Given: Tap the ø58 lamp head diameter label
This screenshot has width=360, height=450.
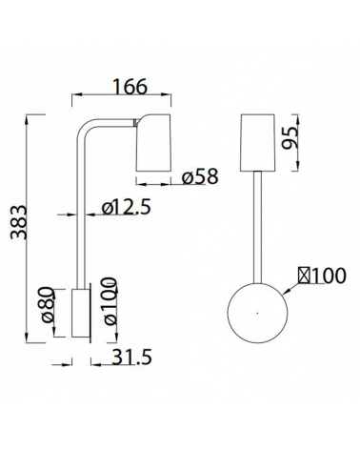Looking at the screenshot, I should [200, 177].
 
